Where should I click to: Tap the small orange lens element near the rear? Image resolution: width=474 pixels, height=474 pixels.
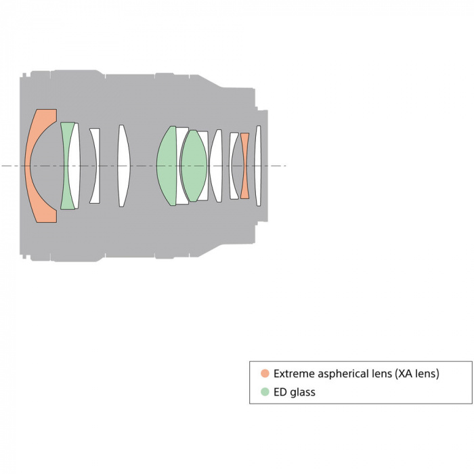245,166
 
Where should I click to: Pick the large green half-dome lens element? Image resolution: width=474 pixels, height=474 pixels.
167,166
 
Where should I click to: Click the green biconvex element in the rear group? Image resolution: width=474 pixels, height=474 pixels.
194,166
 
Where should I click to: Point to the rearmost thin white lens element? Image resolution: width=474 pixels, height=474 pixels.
258,166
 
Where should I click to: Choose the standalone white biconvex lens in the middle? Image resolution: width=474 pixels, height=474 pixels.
124,166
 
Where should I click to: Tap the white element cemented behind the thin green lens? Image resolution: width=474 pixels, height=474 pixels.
74,166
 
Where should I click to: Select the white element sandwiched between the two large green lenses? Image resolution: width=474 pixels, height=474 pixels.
181,166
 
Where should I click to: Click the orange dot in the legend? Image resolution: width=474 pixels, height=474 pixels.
265,373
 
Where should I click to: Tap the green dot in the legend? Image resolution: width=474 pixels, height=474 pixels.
265,392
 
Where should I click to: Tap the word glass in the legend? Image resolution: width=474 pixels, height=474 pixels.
303,393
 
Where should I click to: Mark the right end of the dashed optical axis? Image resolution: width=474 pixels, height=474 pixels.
286,166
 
